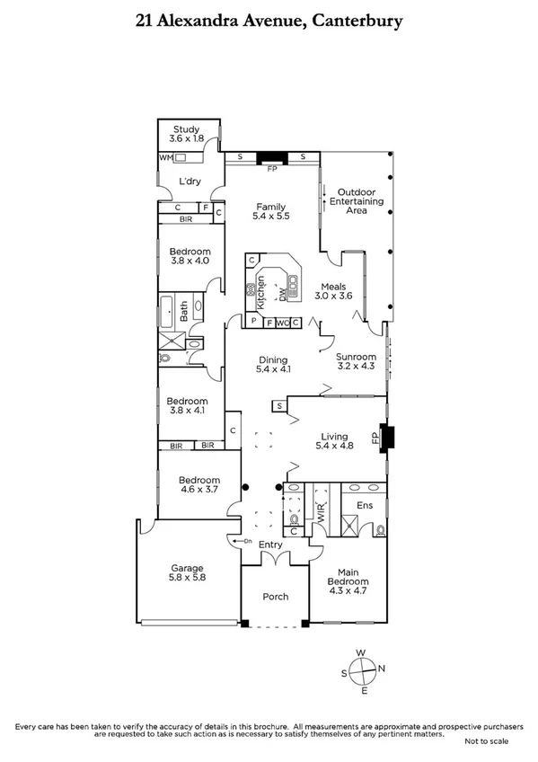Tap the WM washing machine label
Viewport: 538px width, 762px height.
[x=164, y=157]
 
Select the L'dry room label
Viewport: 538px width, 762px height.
[x=189, y=182]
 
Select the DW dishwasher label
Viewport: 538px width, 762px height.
[x=281, y=293]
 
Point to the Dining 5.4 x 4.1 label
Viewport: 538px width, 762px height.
[x=274, y=362]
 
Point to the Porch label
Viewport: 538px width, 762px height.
[x=275, y=597]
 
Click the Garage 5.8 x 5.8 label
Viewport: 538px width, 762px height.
[x=189, y=572]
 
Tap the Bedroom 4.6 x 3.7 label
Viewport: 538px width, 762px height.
[x=198, y=484]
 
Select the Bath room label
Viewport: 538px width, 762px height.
[x=184, y=312]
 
